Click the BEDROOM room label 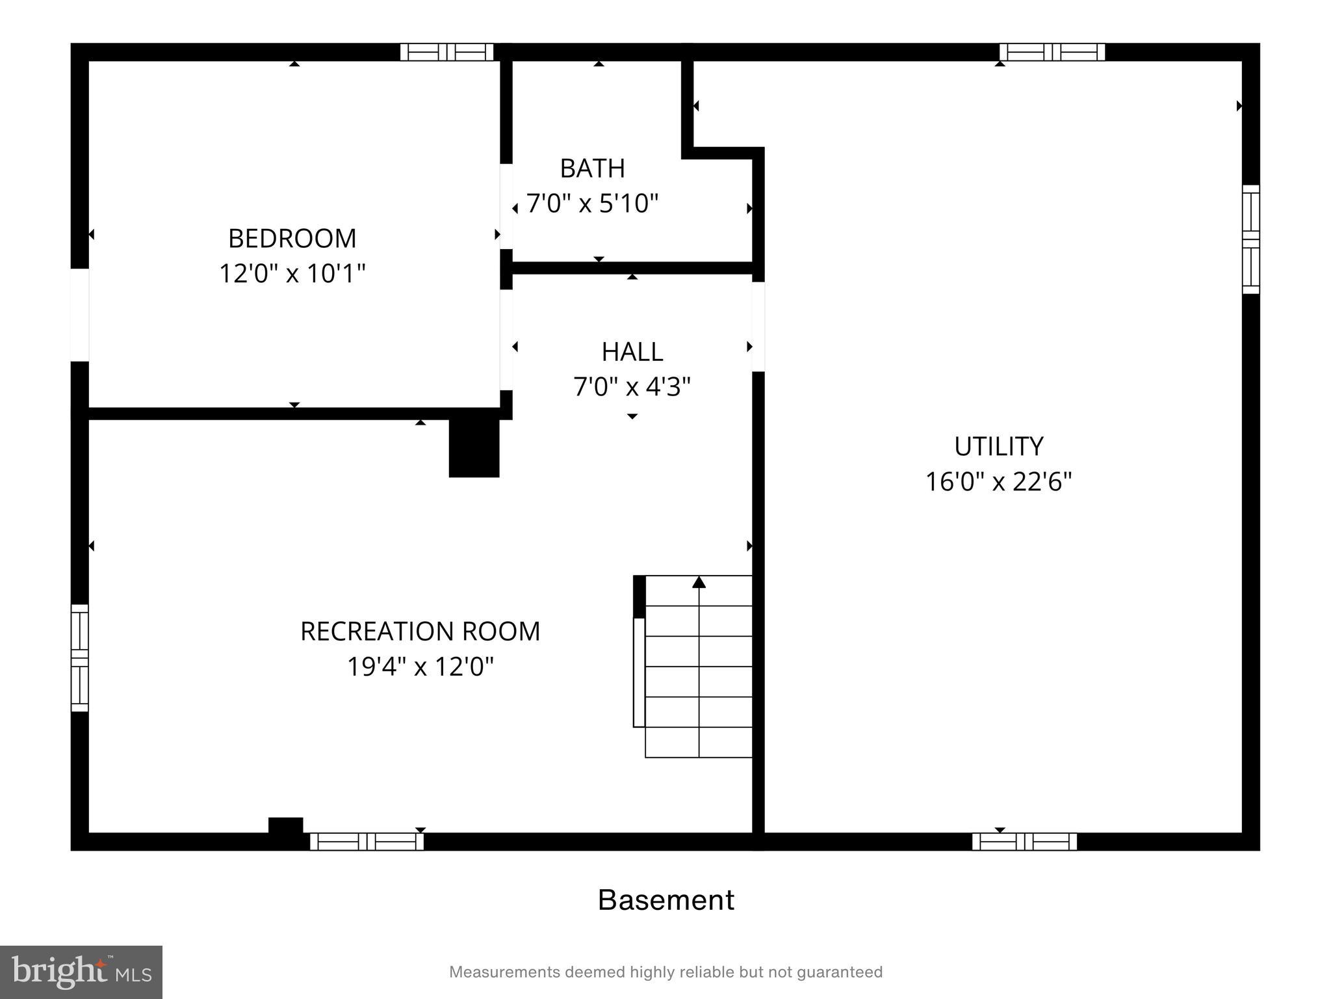tap(292, 239)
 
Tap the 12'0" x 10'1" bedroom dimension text tap(292, 274)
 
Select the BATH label tap(592, 168)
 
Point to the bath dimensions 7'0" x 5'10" tap(592, 204)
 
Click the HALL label tap(632, 352)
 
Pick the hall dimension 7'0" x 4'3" tap(632, 387)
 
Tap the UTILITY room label tap(998, 447)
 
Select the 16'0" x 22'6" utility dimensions tap(998, 482)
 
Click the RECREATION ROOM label tap(420, 632)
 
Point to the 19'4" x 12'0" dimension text tap(420, 667)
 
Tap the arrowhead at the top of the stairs tap(699, 582)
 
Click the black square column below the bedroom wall tap(474, 448)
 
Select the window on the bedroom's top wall tap(446, 52)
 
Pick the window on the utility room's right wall tap(1250, 239)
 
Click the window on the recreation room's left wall tap(79, 658)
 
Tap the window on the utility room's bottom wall tap(1024, 842)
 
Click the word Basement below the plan tap(665, 900)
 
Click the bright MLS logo tap(81, 972)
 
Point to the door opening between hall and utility tap(758, 326)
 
